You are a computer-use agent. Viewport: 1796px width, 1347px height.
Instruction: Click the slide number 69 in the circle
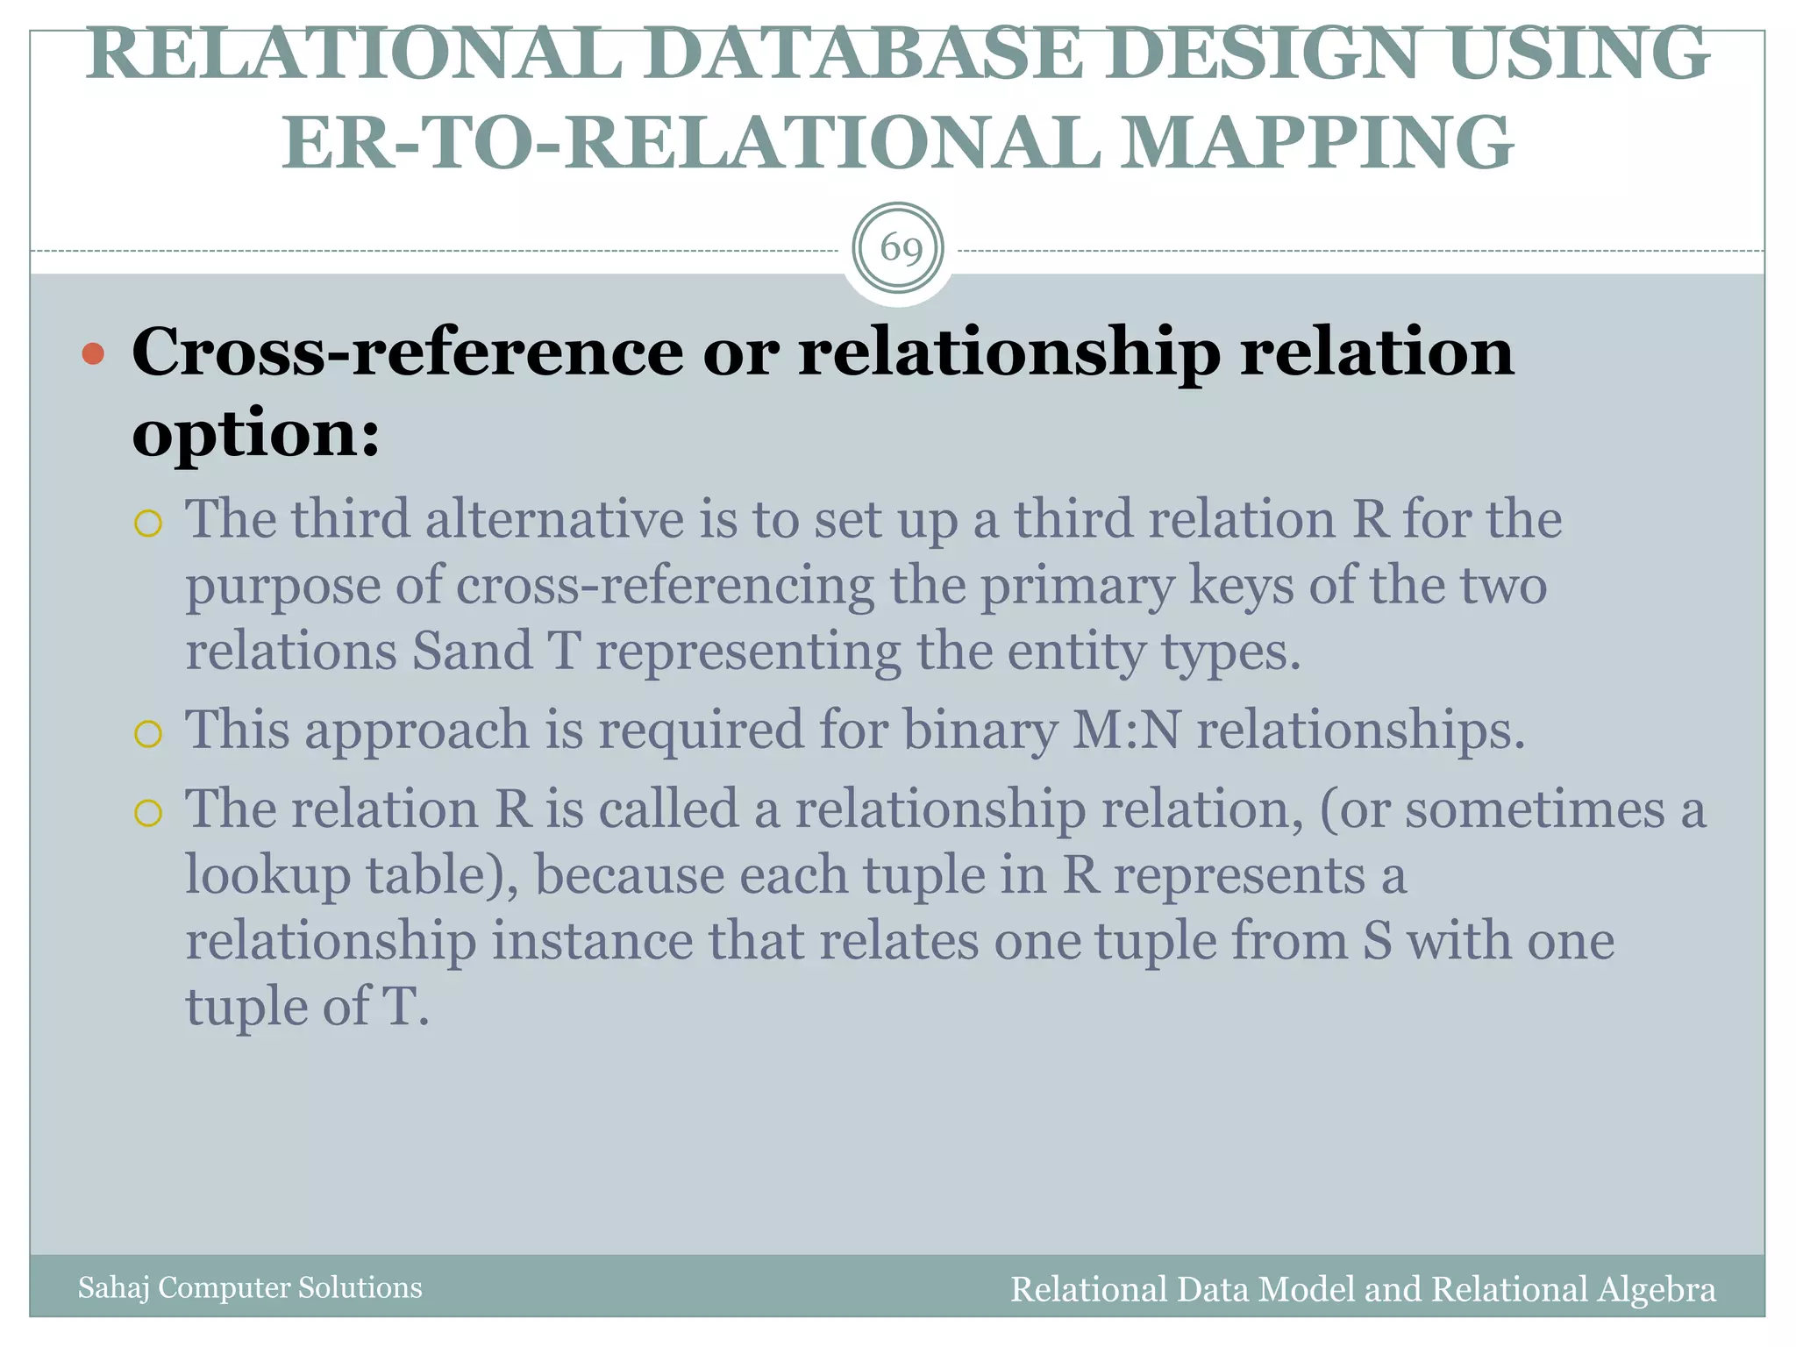point(901,249)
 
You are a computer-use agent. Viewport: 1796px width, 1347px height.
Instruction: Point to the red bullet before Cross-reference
point(93,354)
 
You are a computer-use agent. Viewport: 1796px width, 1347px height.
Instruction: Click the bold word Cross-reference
point(407,353)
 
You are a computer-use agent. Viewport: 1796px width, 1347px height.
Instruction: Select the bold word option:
point(256,433)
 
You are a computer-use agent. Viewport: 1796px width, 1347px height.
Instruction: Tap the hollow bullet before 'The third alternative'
point(148,524)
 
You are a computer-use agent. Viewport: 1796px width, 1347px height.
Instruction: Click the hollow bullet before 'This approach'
point(148,733)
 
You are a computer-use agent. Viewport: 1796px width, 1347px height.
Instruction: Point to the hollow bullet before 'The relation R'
point(148,813)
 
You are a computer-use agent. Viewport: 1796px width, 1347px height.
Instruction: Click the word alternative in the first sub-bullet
point(554,519)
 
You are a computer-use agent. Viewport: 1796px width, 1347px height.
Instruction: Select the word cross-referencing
point(665,586)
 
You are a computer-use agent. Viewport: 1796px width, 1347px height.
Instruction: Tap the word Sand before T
point(472,652)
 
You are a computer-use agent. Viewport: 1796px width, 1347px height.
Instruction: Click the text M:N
point(1126,730)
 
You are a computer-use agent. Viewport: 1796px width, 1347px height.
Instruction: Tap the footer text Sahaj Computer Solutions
point(250,1287)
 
